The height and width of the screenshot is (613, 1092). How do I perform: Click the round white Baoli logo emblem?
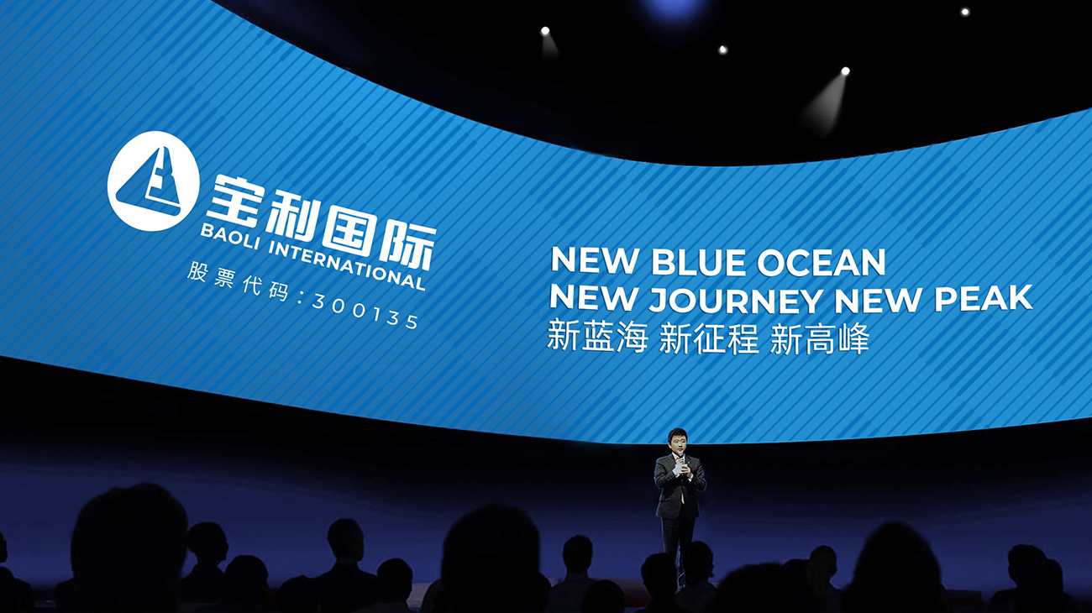point(153,181)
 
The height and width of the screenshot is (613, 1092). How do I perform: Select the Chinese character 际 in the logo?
point(408,247)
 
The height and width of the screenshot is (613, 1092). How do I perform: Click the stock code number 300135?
point(365,312)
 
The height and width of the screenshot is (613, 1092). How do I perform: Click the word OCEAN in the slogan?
point(821,262)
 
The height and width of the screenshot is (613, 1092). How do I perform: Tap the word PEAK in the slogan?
point(984,298)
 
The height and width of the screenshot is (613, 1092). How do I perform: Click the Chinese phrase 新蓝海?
point(597,336)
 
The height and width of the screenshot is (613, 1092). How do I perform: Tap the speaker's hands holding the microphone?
point(680,471)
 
